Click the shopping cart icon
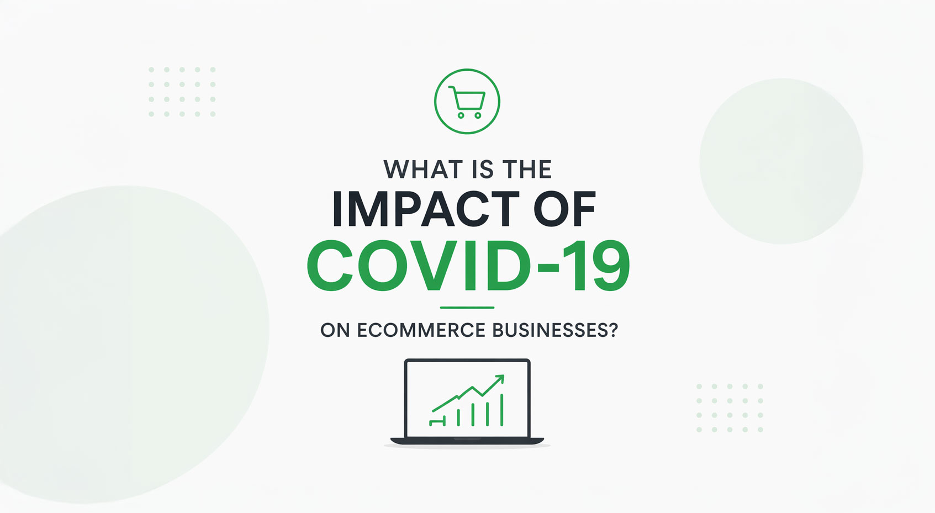pos(467,102)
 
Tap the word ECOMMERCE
pos(421,330)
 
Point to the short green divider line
pos(467,308)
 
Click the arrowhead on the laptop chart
pos(500,379)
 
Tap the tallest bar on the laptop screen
pos(501,410)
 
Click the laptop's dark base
pos(467,441)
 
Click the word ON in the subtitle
pos(335,330)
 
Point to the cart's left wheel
pos(461,115)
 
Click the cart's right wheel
pos(478,115)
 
